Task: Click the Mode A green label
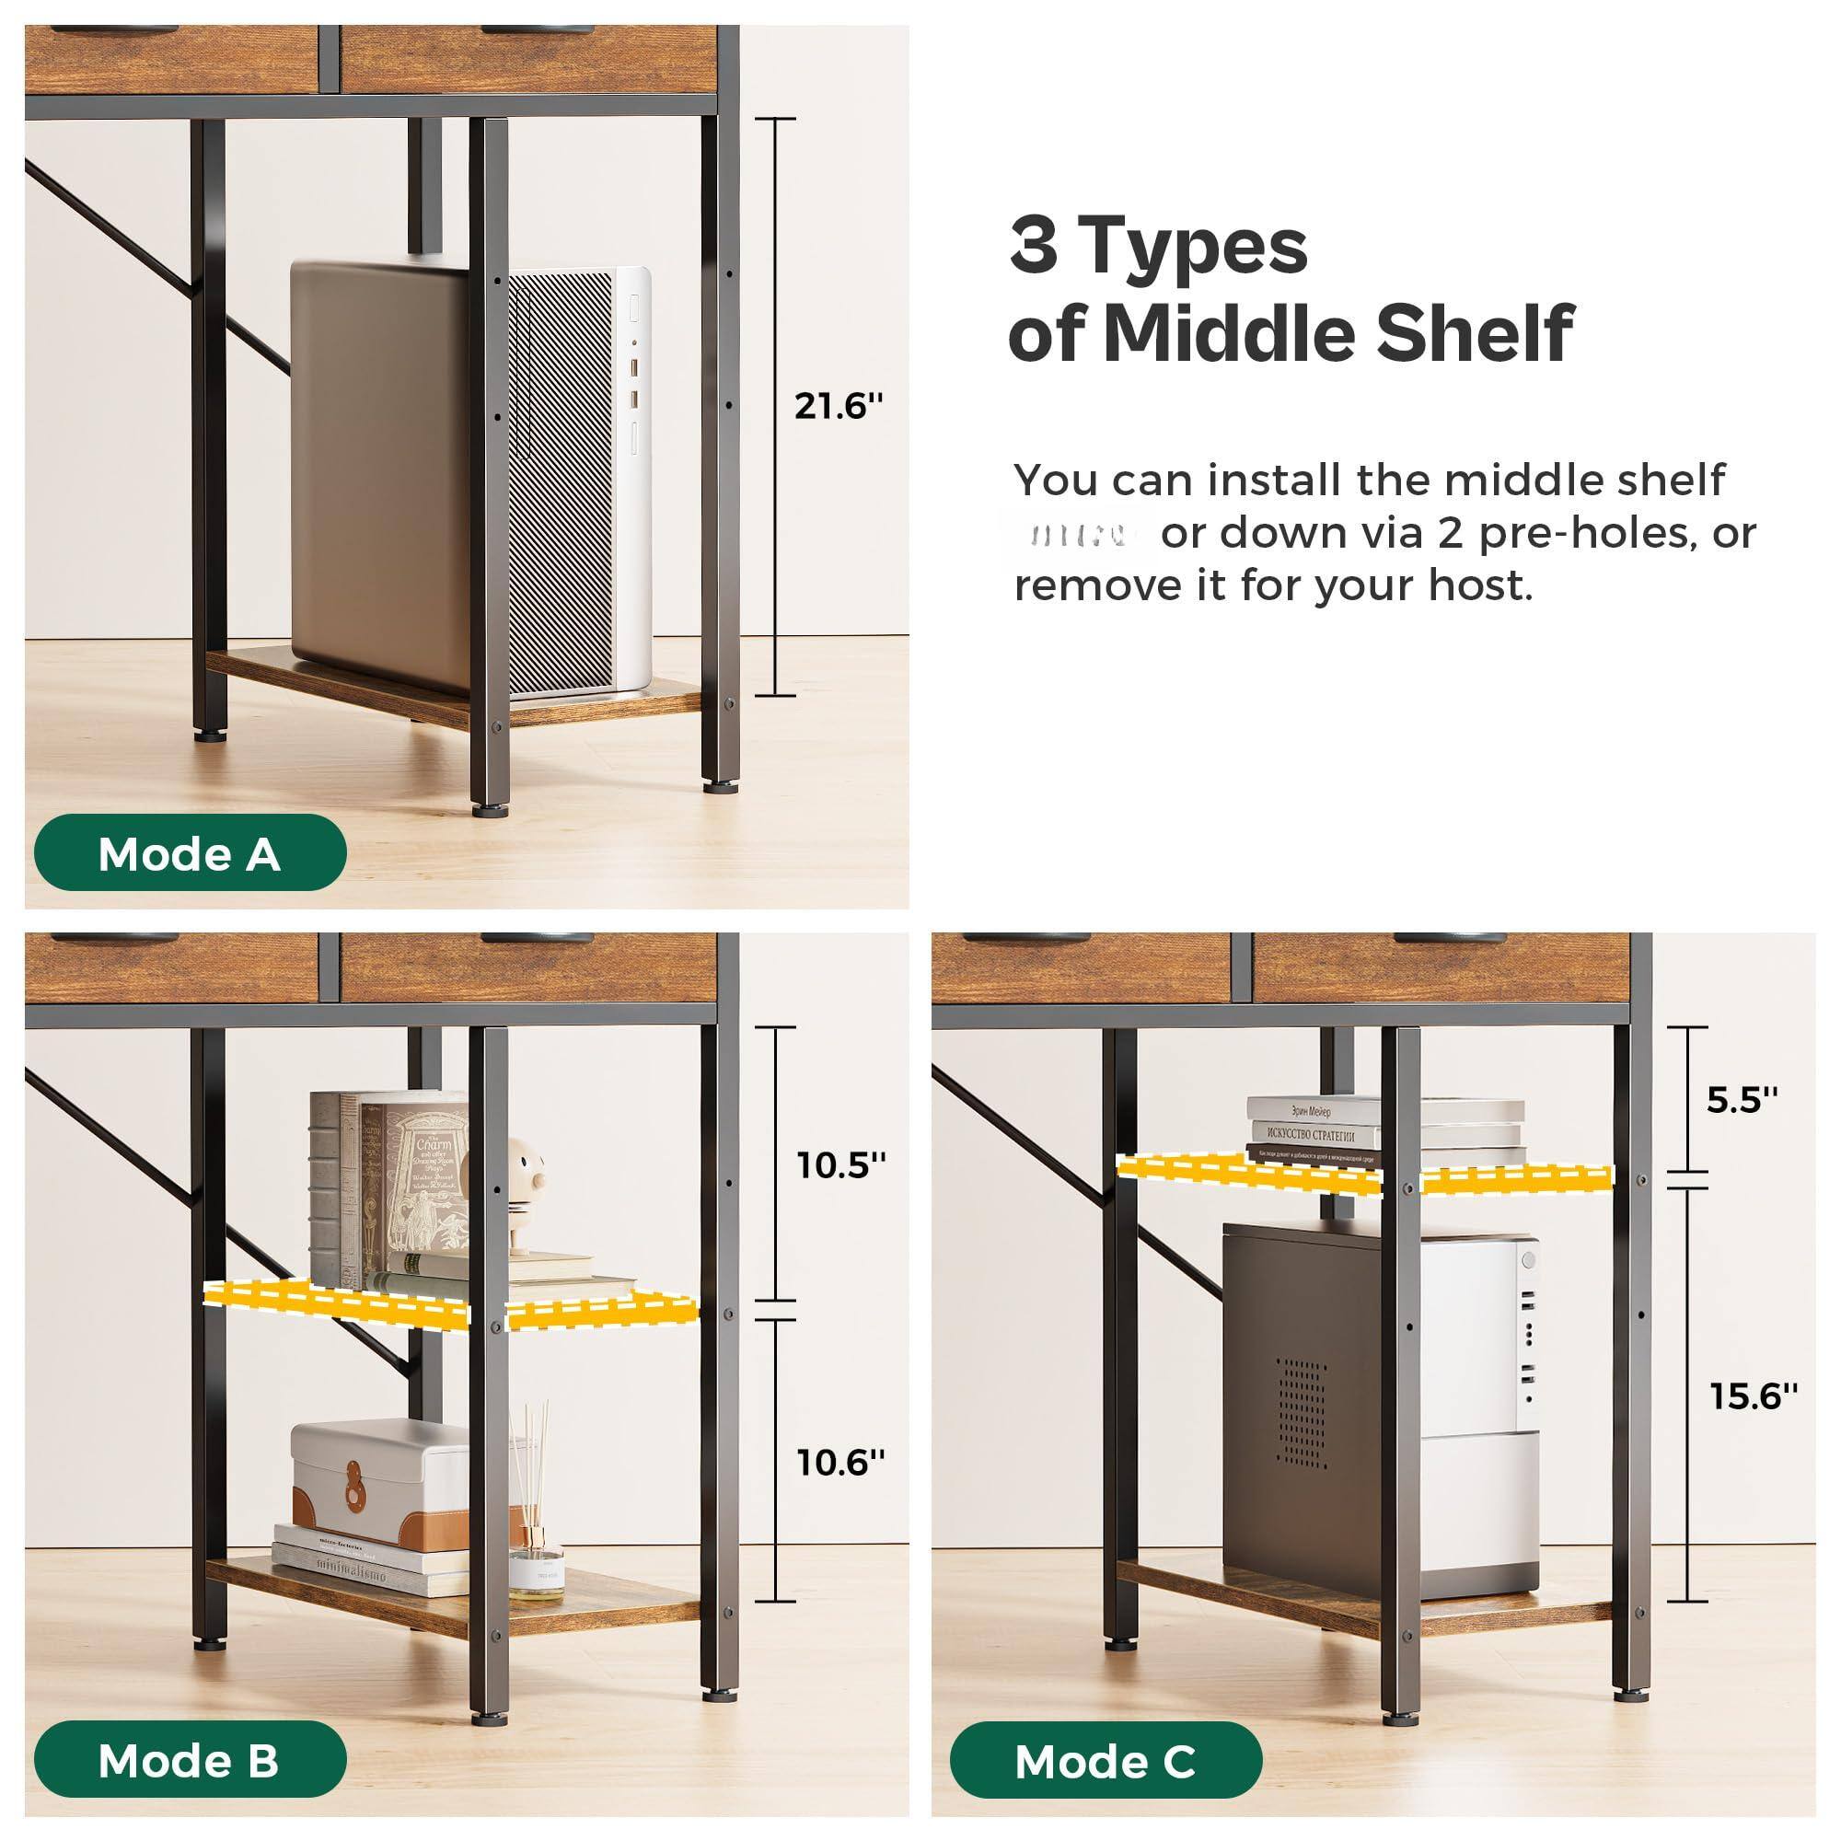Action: [x=190, y=854]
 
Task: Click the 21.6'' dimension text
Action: [x=839, y=407]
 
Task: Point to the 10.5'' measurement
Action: [x=841, y=1164]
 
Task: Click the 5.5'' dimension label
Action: [x=1743, y=1099]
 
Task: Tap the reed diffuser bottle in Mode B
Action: [x=536, y=1563]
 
